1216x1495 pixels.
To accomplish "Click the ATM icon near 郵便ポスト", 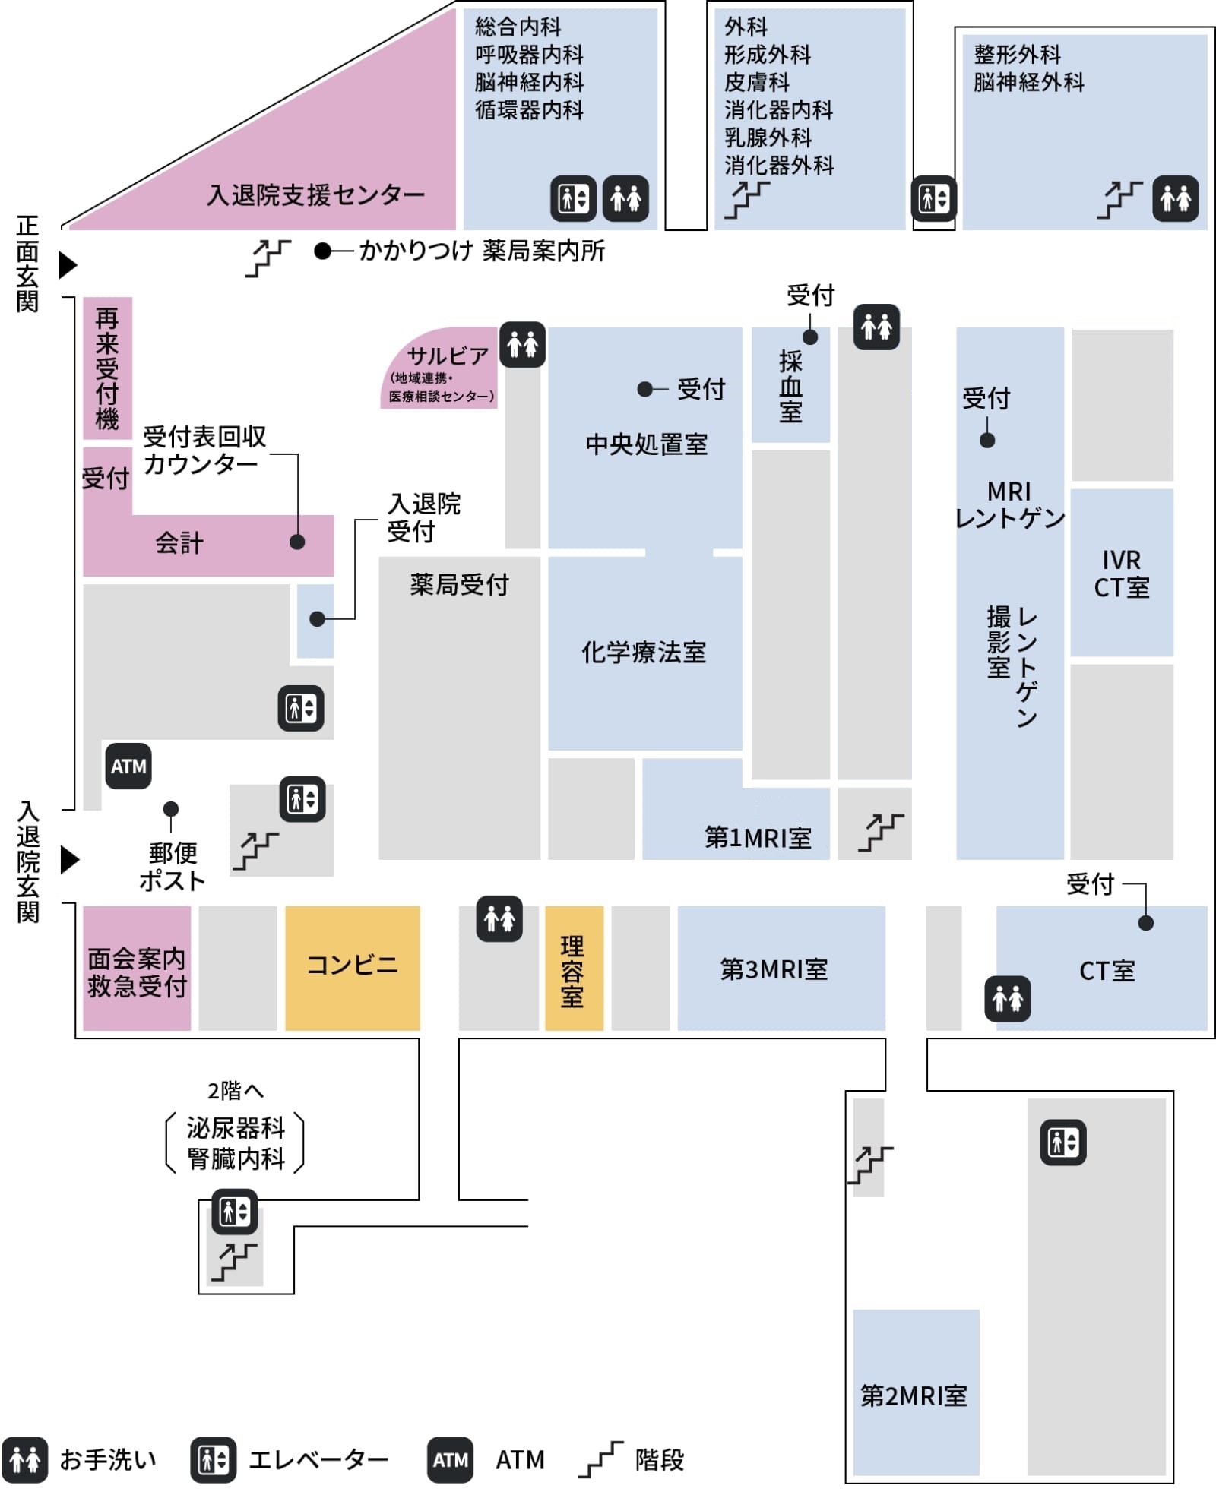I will point(128,766).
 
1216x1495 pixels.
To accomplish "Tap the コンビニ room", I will point(352,966).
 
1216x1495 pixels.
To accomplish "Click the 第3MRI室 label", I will point(774,969).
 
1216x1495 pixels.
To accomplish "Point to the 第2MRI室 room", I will point(914,1395).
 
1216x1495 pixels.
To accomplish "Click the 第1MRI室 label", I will point(758,837).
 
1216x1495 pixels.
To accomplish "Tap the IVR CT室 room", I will point(1121,573).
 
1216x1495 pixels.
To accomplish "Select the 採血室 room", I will point(790,386).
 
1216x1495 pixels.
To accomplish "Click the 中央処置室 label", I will point(646,444).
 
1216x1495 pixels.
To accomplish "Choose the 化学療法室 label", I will point(644,652).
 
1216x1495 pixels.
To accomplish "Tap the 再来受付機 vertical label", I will point(107,368).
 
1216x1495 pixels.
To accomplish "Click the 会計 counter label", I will point(179,543).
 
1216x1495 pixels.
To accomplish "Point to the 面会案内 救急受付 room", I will point(137,972).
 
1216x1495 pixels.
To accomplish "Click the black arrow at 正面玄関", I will point(68,264).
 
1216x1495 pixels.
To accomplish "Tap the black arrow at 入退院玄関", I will point(70,859).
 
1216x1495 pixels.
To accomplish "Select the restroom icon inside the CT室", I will point(1008,998).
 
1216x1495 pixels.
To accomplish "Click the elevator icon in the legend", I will point(213,1459).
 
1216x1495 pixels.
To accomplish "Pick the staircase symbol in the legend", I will point(600,1459).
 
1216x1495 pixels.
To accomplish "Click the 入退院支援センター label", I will point(315,195).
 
